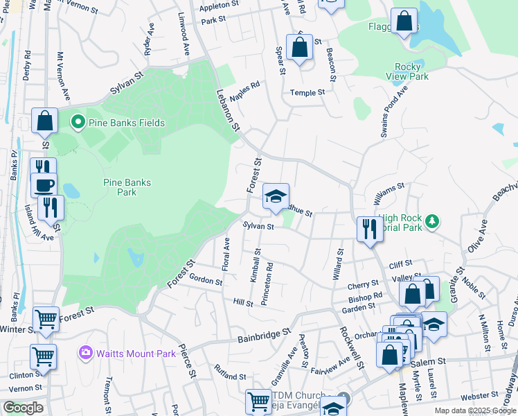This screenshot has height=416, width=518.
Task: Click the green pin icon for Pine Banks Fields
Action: (x=78, y=123)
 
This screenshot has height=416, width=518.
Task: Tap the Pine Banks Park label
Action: (x=127, y=187)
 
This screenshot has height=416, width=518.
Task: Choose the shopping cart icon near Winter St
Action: (x=46, y=319)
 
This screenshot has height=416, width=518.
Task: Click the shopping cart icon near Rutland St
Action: (x=258, y=400)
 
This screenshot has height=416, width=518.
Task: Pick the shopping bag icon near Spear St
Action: (x=299, y=48)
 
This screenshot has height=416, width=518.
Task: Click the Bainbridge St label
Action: (x=263, y=336)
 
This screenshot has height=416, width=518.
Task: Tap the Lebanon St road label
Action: (x=227, y=110)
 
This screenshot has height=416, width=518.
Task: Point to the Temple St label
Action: (x=307, y=92)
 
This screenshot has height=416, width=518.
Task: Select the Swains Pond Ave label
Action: (x=394, y=111)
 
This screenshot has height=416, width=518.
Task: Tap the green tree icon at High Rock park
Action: (x=433, y=221)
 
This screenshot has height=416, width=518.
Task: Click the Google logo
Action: (x=23, y=408)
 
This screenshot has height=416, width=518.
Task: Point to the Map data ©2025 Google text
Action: (x=474, y=410)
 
